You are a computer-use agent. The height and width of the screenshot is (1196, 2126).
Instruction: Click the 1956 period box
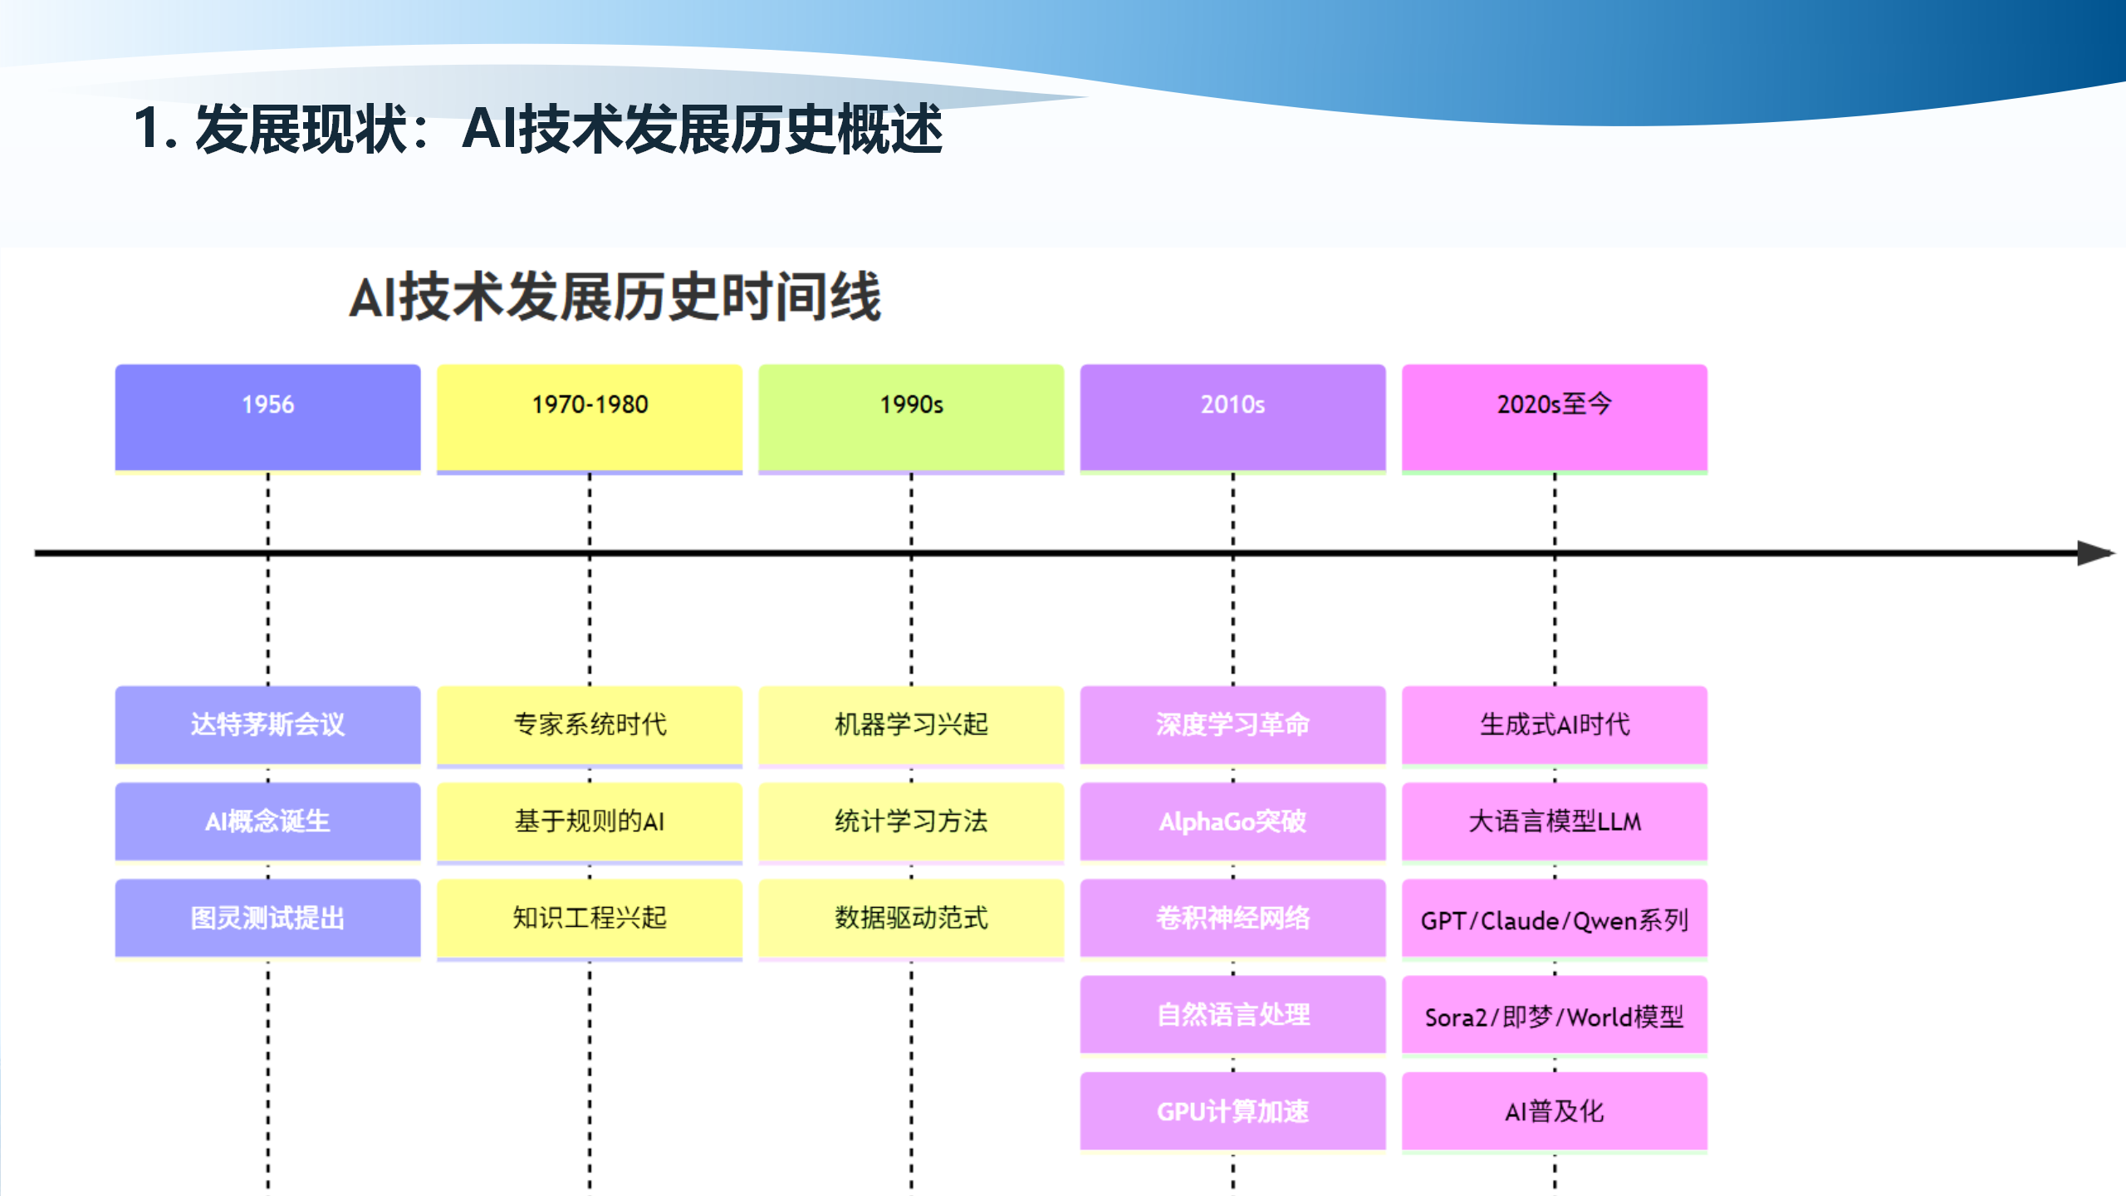[x=267, y=417]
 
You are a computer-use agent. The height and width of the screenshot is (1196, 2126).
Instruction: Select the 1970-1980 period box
[x=590, y=417]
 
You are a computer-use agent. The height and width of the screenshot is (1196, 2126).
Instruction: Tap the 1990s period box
[x=911, y=417]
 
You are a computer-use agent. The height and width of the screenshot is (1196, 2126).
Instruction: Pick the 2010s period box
[x=1232, y=417]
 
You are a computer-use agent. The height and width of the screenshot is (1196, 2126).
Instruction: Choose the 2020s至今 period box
[x=1555, y=417]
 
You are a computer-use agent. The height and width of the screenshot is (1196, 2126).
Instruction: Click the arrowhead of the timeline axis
[x=2094, y=553]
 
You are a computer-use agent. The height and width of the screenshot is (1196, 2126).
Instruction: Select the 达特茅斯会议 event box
[x=267, y=724]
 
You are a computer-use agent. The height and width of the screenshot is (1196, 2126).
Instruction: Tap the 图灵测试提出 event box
[x=267, y=918]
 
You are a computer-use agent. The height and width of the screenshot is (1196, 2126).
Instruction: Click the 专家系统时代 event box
[x=590, y=724]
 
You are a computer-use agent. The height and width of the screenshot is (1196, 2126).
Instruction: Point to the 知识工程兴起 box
[x=590, y=918]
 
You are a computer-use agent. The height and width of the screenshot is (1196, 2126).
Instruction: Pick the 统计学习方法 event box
[x=911, y=821]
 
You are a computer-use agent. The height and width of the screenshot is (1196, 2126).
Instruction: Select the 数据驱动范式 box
[x=911, y=918]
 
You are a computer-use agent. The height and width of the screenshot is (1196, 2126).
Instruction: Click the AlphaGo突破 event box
[x=1232, y=821]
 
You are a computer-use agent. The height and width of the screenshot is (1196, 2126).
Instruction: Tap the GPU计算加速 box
[x=1232, y=1111]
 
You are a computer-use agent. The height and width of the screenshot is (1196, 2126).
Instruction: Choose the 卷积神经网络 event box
[x=1232, y=918]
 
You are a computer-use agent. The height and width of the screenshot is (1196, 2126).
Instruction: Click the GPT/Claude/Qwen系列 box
[x=1555, y=919]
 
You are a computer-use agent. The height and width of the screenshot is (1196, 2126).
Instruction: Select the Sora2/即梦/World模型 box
[x=1555, y=1016]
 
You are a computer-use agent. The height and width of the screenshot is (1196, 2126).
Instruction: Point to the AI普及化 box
[x=1555, y=1111]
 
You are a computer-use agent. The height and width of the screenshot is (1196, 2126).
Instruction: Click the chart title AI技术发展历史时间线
[x=615, y=297]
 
